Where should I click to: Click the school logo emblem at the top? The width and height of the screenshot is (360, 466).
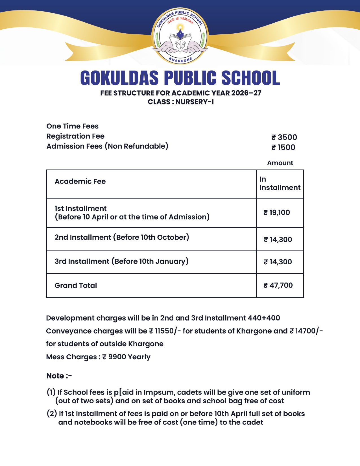(x=180, y=36)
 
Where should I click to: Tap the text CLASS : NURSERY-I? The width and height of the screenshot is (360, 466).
(x=180, y=102)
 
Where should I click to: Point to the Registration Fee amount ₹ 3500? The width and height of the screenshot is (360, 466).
(x=284, y=137)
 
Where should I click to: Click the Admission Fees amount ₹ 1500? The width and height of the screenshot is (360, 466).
(x=283, y=147)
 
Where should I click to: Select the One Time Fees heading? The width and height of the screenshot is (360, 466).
(x=72, y=126)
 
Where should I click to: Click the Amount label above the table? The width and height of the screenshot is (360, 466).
(x=280, y=163)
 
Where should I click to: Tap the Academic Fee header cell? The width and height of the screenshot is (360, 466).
(x=80, y=181)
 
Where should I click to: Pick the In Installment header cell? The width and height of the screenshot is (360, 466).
(x=280, y=184)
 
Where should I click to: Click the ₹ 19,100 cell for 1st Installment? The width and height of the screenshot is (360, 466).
(x=277, y=212)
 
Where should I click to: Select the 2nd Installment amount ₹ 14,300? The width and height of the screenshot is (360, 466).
(x=278, y=239)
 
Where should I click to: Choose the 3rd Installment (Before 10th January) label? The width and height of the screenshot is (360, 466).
(x=121, y=261)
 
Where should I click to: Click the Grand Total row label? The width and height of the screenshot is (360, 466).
(x=76, y=286)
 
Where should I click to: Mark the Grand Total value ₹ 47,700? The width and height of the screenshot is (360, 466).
(x=278, y=285)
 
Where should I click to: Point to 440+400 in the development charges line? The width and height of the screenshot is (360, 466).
(x=264, y=318)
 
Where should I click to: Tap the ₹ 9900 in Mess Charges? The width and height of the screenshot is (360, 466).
(x=114, y=357)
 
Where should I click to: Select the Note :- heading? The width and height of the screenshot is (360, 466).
(x=59, y=376)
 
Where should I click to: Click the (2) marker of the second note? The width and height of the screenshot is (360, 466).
(x=52, y=414)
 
